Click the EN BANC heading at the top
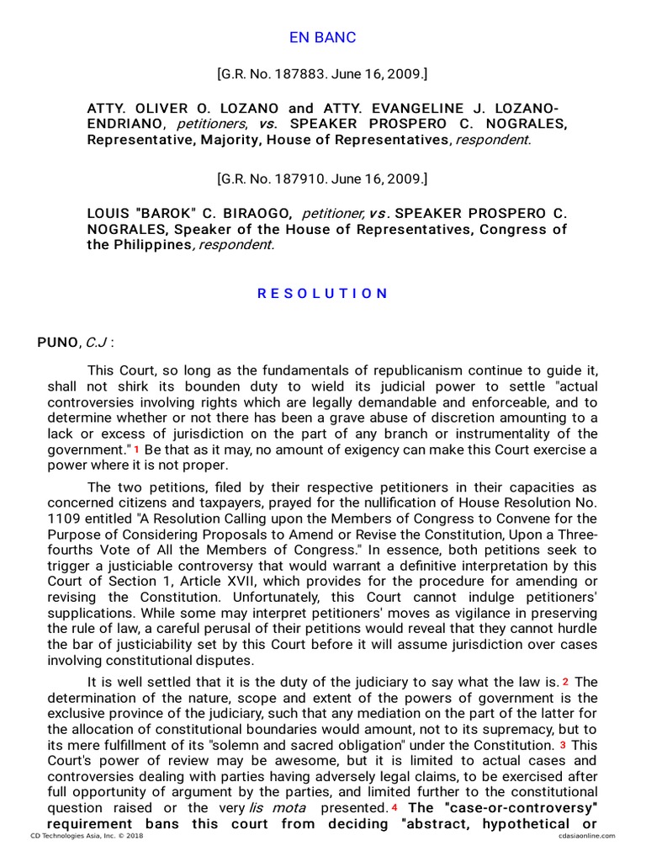[323, 37]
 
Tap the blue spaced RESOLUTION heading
[323, 294]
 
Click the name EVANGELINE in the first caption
[410, 109]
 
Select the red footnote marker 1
[136, 450]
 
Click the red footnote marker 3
[563, 745]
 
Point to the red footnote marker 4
[394, 808]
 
